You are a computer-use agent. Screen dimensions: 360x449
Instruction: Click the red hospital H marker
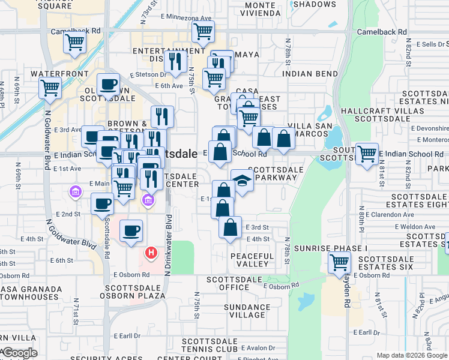(151, 253)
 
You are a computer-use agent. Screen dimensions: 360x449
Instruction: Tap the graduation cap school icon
(242, 180)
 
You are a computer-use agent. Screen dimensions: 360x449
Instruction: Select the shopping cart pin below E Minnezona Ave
(203, 31)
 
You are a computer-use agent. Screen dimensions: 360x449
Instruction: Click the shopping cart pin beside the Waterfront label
(50, 88)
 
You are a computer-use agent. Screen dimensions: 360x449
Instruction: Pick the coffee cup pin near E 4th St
(131, 230)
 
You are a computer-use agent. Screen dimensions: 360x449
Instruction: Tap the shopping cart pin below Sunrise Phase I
(339, 262)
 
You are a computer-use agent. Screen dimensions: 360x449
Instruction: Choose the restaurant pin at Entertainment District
(175, 61)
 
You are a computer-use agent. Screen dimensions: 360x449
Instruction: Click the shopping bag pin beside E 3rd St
(230, 227)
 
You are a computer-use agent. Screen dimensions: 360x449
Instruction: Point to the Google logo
(19, 353)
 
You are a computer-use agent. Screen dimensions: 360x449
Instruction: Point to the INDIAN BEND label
(309, 74)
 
